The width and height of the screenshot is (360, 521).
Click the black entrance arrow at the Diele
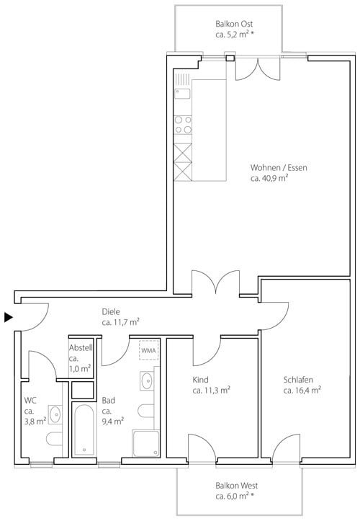[x=8, y=316]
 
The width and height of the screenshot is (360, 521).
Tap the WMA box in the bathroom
[x=149, y=350]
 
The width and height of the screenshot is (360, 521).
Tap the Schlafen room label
[x=302, y=380]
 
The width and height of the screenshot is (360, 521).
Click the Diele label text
[x=112, y=311]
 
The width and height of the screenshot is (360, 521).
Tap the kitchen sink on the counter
[x=183, y=92]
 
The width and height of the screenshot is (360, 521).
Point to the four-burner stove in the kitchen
[x=184, y=125]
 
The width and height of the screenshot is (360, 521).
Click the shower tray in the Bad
[x=145, y=443]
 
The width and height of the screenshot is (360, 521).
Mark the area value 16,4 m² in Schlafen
[x=302, y=391]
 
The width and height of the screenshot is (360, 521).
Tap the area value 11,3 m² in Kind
[x=212, y=391]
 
